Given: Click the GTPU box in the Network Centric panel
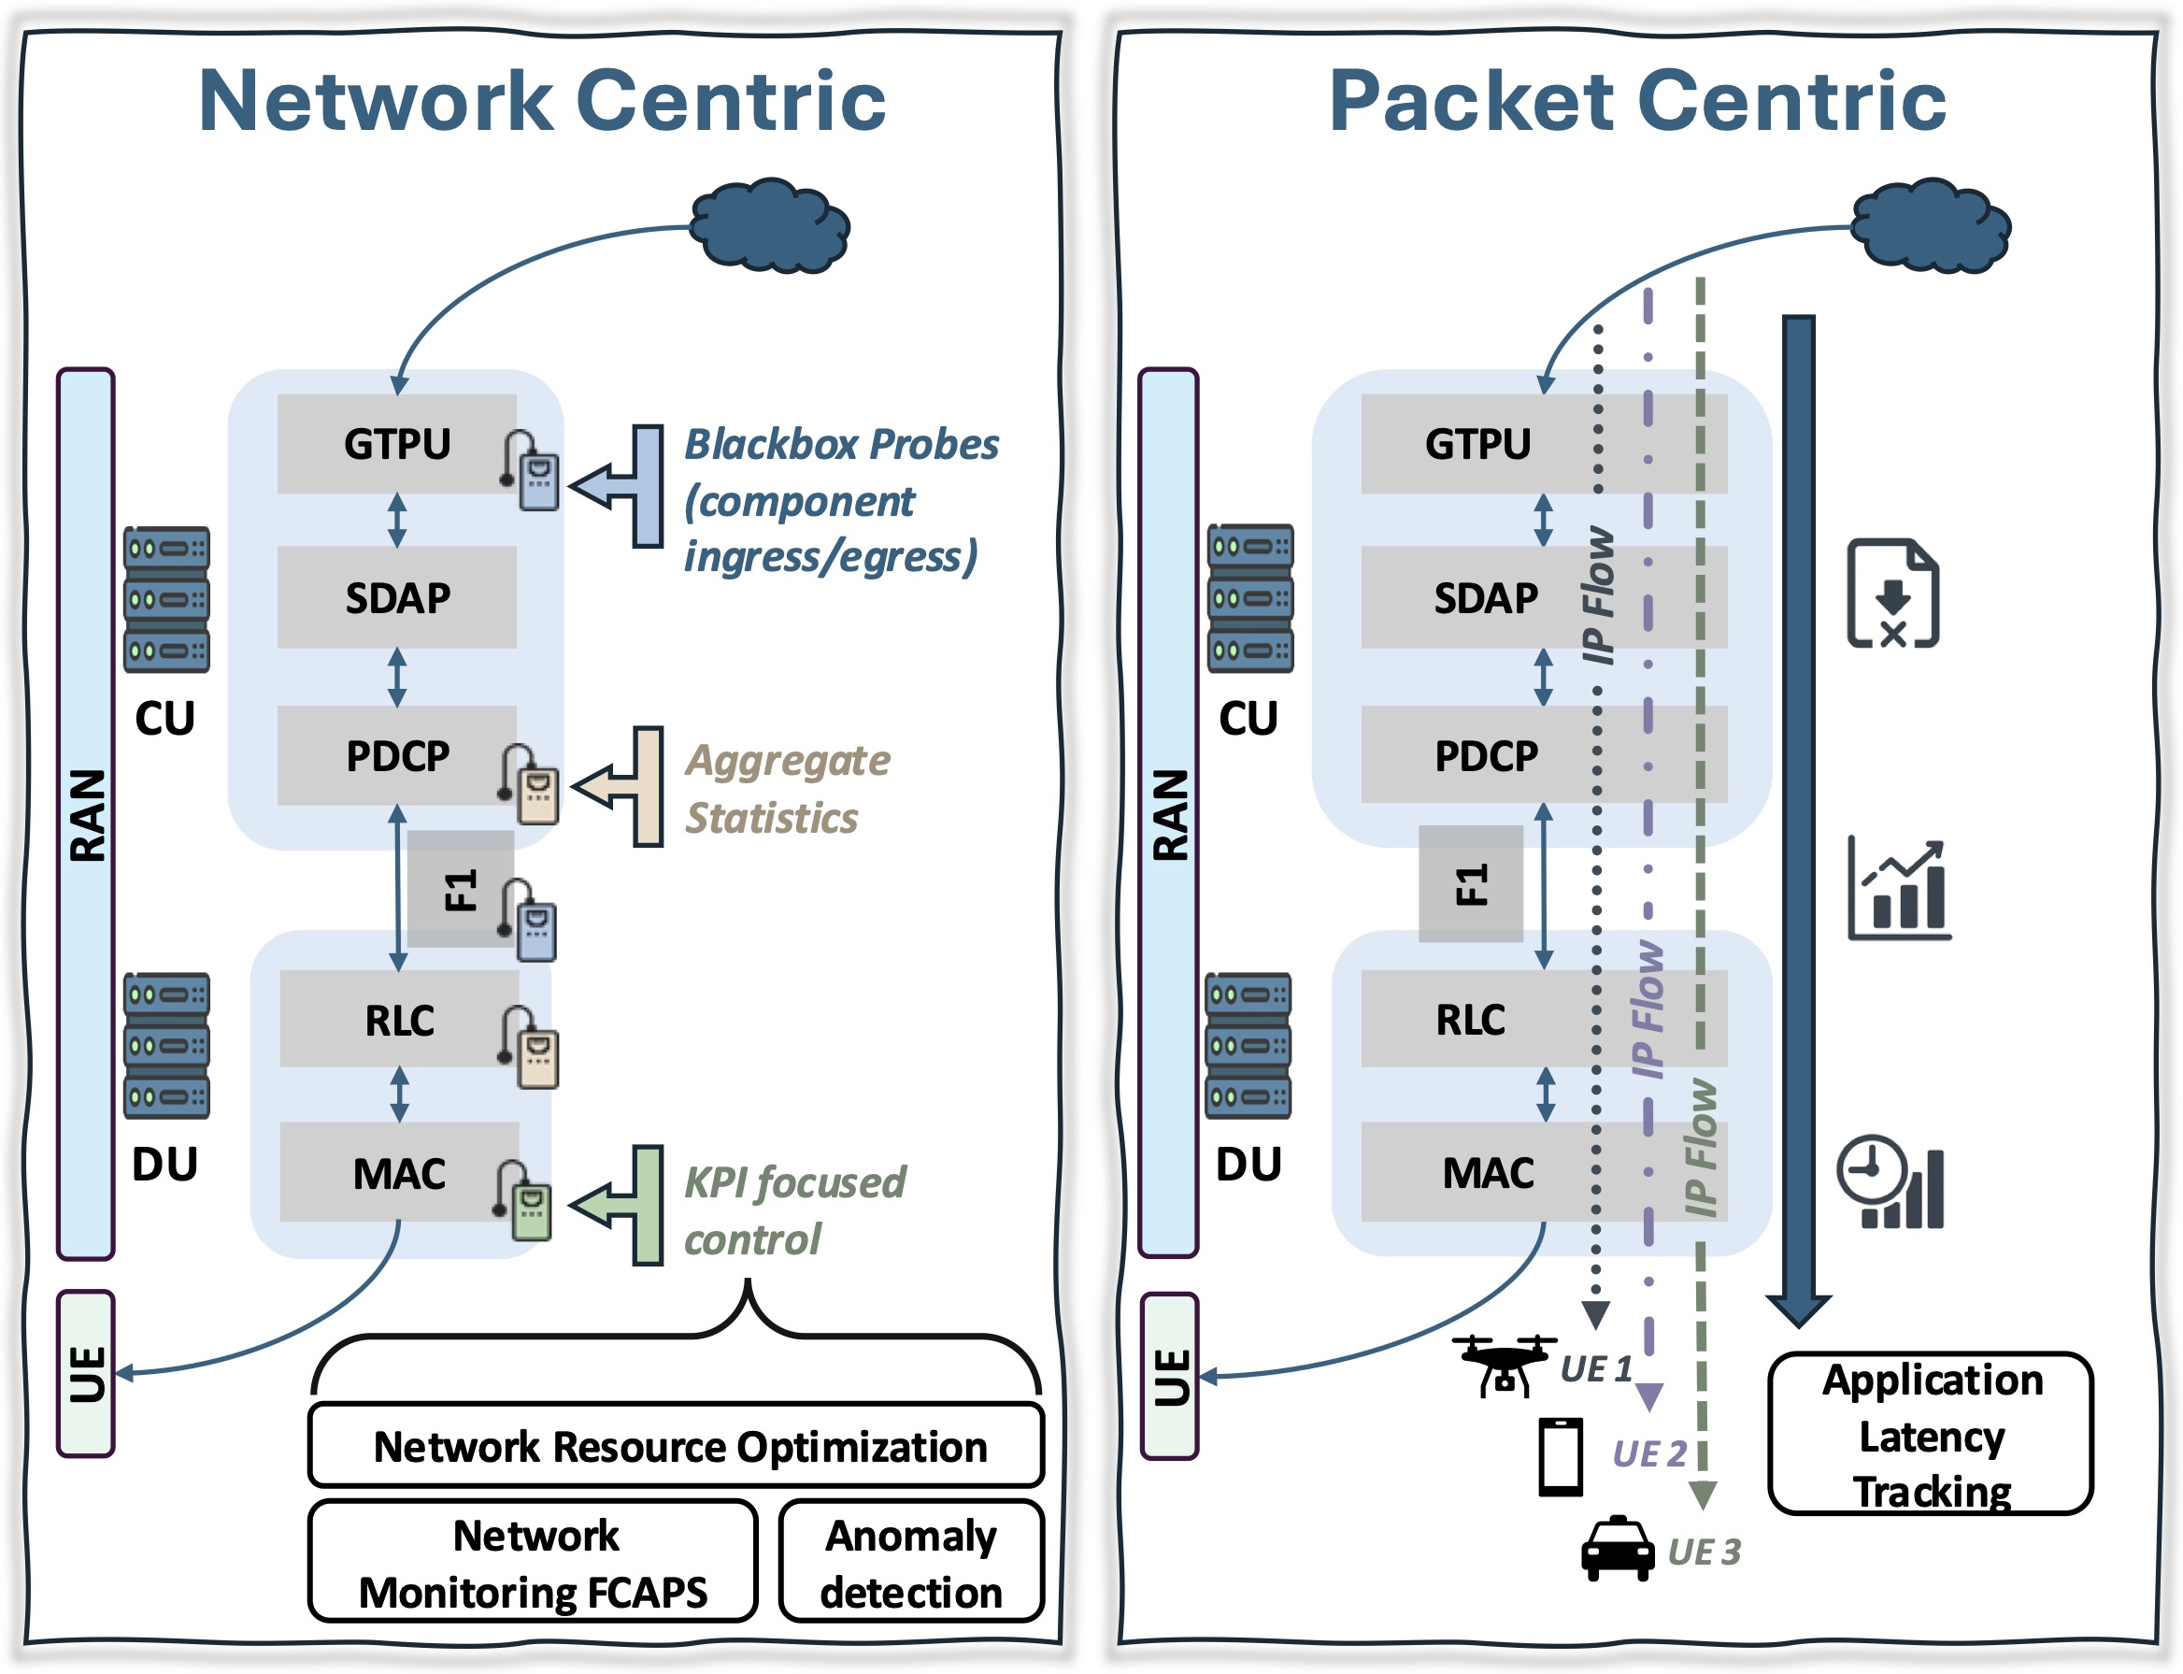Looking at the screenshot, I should (x=396, y=444).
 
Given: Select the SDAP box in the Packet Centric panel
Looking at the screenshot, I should (x=1485, y=598).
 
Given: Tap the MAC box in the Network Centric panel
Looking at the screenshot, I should (x=398, y=1173).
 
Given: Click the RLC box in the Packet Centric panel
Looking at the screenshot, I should (x=1471, y=1020).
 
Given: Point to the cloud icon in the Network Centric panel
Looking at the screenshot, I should (x=770, y=225).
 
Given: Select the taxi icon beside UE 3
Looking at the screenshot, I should (x=1617, y=1549).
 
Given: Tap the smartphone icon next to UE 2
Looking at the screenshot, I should (x=1561, y=1457).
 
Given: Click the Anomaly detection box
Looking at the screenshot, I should (x=910, y=1563).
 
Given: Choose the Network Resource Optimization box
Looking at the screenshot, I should (x=677, y=1446).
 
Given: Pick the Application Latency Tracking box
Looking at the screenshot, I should (x=1930, y=1434).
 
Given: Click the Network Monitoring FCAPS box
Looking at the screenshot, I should (x=533, y=1563).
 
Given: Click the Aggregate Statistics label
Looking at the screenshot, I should (x=786, y=788).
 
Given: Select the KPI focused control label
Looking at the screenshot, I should (x=794, y=1209).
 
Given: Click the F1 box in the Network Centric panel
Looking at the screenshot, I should (x=461, y=889).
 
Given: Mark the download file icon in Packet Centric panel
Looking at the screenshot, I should (x=1892, y=594).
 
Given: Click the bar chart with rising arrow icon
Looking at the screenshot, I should (x=1899, y=889).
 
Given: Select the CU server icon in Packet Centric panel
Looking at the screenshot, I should (x=1249, y=598).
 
